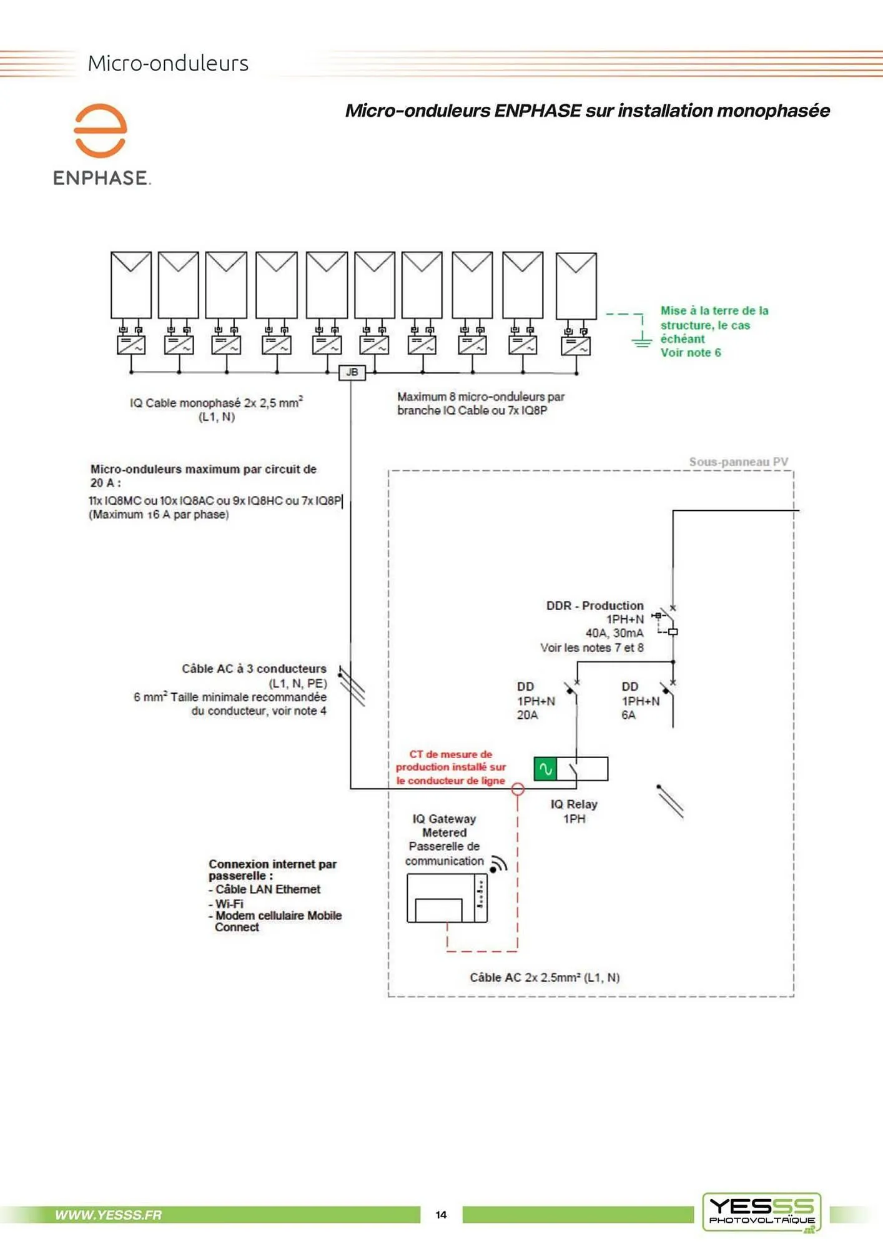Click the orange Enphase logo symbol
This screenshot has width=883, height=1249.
(100, 131)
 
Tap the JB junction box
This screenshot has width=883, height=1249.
(352, 372)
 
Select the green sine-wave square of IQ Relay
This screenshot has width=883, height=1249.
(545, 769)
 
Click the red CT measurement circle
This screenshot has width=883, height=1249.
(518, 789)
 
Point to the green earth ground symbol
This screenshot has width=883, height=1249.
(641, 340)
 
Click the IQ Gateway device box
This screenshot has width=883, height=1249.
(446, 898)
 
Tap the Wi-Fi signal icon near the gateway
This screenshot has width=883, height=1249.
(498, 864)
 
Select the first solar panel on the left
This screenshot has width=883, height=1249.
(131, 285)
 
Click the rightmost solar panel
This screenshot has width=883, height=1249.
(576, 286)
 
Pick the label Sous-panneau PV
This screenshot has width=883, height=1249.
(738, 462)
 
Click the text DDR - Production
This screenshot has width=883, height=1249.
(594, 606)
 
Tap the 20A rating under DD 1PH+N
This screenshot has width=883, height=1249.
(527, 715)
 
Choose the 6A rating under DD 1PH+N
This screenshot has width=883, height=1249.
(628, 715)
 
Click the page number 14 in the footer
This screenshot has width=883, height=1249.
(441, 1215)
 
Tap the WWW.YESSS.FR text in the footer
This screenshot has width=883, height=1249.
(108, 1215)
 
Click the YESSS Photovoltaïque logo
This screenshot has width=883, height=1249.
(761, 1212)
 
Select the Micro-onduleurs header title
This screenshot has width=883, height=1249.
(168, 63)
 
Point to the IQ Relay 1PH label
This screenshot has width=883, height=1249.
(574, 811)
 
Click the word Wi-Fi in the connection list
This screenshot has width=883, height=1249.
(229, 904)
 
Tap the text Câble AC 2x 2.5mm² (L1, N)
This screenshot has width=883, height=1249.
(545, 978)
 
